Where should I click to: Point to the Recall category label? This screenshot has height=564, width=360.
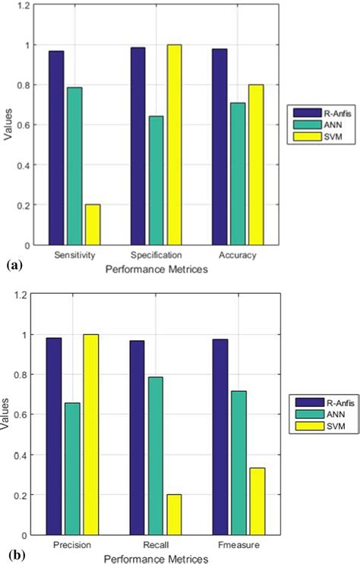[x=156, y=547]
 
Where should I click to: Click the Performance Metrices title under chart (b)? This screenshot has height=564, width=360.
[x=156, y=558]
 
